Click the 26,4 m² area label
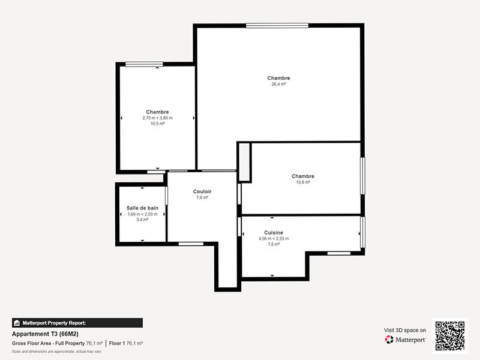[278, 85]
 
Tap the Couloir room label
[202, 191]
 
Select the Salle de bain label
[142, 208]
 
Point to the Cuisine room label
[274, 233]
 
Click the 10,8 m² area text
[303, 182]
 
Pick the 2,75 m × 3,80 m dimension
[157, 118]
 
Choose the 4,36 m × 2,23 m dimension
[274, 239]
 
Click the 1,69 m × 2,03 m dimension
[142, 214]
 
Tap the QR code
[450, 335]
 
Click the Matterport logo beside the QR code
[406, 340]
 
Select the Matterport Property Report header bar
[77, 323]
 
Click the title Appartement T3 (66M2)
[45, 334]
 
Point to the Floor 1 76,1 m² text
[125, 343]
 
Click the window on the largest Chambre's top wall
[277, 25]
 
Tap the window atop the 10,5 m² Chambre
[144, 64]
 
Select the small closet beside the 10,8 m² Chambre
[244, 161]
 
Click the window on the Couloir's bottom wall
[191, 243]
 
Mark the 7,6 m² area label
[202, 197]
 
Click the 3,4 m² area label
[142, 220]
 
